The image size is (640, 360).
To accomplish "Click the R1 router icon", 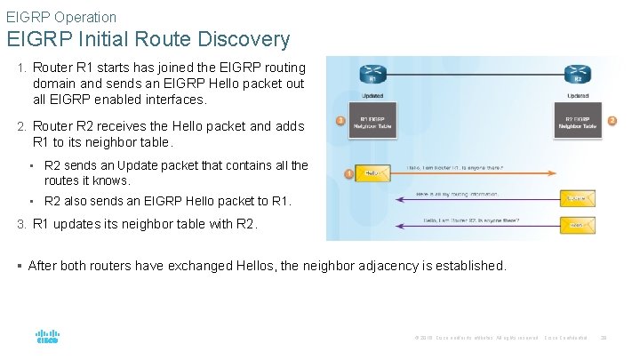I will point(373,74).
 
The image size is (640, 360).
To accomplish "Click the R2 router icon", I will point(578,74).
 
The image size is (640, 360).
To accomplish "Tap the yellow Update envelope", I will point(578,198).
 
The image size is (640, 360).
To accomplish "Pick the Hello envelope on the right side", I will point(578,226).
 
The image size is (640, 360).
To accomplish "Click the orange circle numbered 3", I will point(340,121).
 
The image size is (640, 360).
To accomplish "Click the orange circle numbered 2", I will point(612,121).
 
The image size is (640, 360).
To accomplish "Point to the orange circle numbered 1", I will point(348,172).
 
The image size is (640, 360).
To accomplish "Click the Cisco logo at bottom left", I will point(47,337).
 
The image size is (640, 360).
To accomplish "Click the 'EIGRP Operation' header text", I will point(61,17).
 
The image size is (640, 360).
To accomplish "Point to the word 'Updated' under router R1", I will point(373,95).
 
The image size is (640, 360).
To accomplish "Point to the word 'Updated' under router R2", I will point(578,95).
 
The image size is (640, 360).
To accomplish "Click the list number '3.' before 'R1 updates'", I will point(23,225).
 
